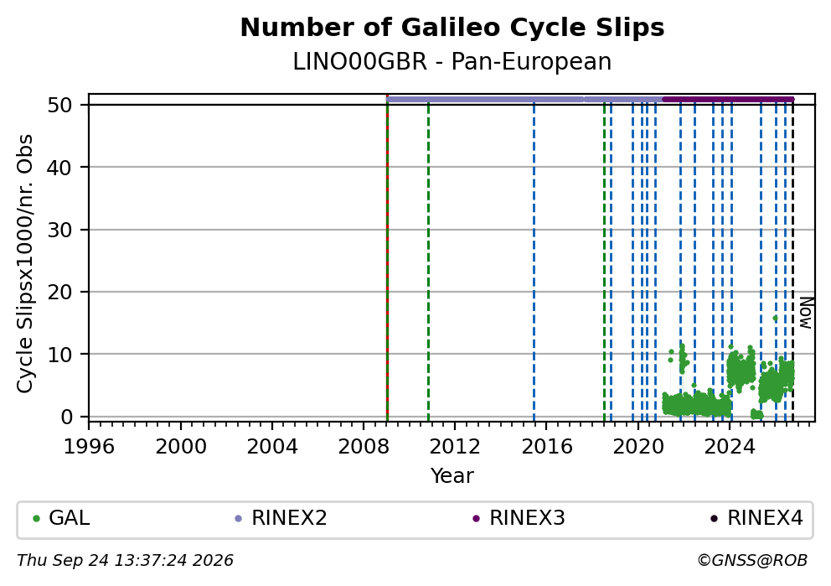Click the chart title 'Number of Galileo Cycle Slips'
(x=452, y=28)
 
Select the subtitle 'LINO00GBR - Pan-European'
(x=452, y=62)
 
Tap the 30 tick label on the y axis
(x=59, y=230)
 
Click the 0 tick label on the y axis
(x=66, y=417)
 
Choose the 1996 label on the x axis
(x=89, y=447)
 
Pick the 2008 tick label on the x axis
(x=364, y=447)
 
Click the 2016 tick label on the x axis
(x=546, y=447)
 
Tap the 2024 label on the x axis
(x=730, y=447)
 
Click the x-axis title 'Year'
(x=452, y=475)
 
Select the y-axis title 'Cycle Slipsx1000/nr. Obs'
(x=25, y=263)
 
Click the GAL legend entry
(x=61, y=518)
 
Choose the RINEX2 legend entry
(x=281, y=518)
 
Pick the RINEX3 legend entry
(x=519, y=518)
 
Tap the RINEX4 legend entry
(x=756, y=518)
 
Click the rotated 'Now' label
(x=806, y=313)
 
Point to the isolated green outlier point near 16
(x=775, y=319)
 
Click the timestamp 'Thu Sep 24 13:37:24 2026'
(x=125, y=561)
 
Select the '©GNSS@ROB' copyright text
(x=752, y=561)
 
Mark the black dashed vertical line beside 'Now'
(x=792, y=260)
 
